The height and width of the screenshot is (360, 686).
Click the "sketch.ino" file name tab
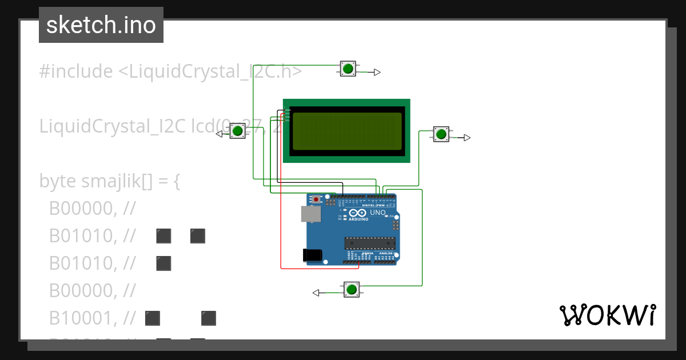click(101, 25)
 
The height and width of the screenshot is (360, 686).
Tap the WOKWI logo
click(607, 315)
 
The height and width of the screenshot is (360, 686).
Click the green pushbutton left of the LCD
click(237, 131)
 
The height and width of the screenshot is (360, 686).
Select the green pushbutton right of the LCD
click(440, 134)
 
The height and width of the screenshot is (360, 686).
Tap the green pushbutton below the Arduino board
click(351, 290)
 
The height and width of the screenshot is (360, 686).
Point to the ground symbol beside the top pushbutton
click(376, 72)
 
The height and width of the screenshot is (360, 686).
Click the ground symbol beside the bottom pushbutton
click(316, 293)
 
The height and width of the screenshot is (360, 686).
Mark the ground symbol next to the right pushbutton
click(466, 138)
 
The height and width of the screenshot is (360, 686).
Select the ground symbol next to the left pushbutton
click(219, 134)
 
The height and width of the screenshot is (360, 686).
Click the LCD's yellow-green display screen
click(346, 131)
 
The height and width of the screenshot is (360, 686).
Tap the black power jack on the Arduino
click(312, 255)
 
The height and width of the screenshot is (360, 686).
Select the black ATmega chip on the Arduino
click(370, 243)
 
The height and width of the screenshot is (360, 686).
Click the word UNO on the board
click(378, 213)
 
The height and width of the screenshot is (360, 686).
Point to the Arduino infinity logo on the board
click(357, 213)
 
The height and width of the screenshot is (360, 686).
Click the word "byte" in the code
click(58, 181)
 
